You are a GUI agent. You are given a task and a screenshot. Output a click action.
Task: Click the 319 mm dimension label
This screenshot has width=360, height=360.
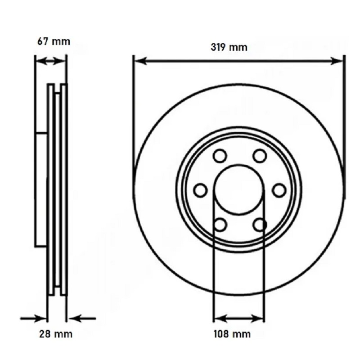(x=229, y=47)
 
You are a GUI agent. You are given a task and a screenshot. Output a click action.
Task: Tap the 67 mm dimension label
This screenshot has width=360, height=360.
(x=54, y=41)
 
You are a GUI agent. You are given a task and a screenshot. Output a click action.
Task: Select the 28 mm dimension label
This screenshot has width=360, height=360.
(x=56, y=334)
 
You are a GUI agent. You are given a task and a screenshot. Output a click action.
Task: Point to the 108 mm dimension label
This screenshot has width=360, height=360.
(x=232, y=334)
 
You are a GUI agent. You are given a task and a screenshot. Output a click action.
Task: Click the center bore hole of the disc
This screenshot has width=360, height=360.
(x=239, y=189)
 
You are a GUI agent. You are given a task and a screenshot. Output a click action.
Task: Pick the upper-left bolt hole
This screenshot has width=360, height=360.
(x=220, y=156)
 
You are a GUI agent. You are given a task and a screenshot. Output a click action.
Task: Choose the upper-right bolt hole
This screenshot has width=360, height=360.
(x=260, y=156)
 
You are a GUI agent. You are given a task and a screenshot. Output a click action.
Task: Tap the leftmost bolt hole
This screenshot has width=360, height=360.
(x=200, y=190)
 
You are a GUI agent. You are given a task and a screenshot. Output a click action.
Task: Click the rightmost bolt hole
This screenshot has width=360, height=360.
(x=279, y=190)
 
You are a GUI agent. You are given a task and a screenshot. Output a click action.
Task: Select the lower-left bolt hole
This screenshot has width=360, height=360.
(x=220, y=225)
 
